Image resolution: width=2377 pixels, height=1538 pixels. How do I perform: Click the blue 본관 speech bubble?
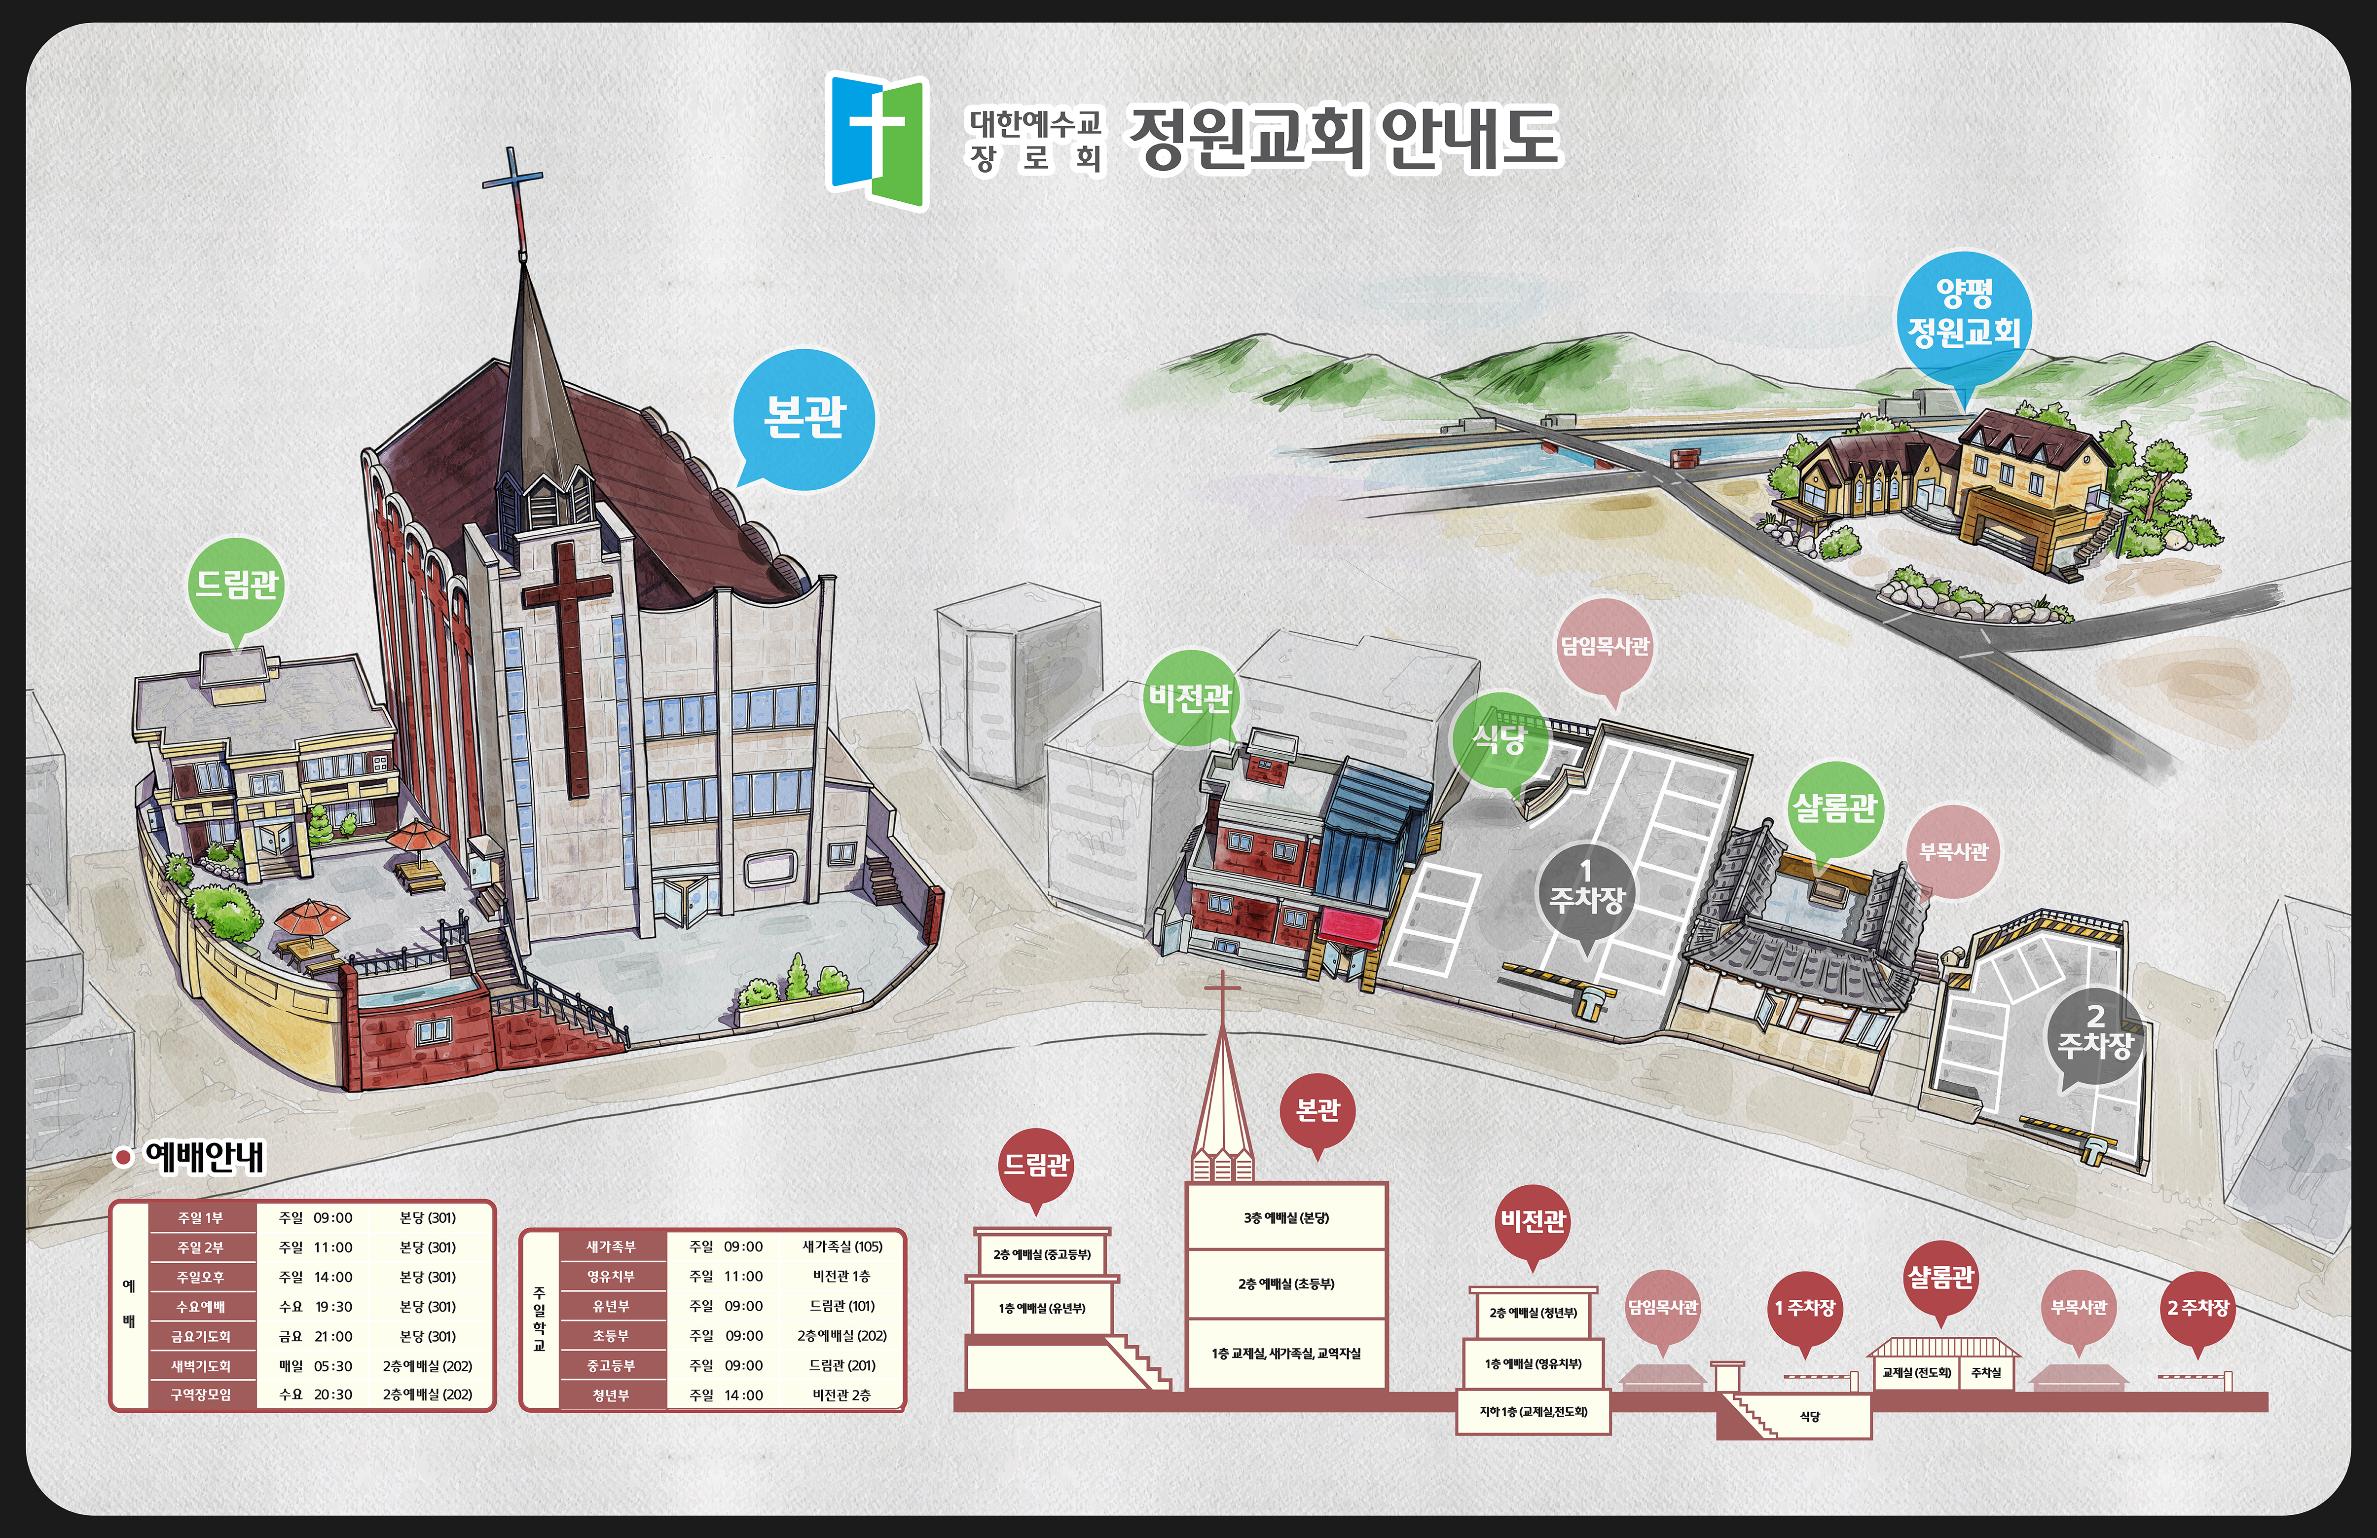[x=804, y=417]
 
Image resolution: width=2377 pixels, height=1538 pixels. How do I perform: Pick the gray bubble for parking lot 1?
[x=1586, y=892]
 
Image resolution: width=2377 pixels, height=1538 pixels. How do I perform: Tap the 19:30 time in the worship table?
[x=332, y=1306]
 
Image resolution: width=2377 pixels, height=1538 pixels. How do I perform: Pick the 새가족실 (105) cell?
[x=842, y=1246]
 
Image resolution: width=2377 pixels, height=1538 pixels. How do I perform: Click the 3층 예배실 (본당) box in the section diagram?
[x=1286, y=1217]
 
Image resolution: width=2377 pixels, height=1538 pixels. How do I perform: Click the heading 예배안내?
[x=205, y=1157]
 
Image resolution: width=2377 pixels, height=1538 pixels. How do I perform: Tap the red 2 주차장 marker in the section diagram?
[x=2197, y=1308]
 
